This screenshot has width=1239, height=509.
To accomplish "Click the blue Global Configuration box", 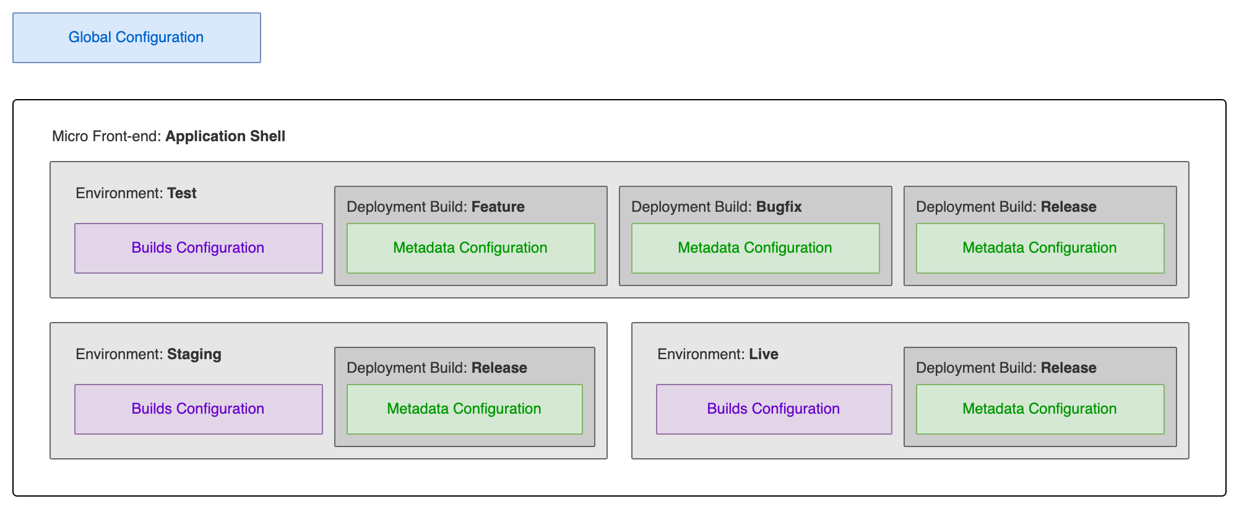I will [136, 38].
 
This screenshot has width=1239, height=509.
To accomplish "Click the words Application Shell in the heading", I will [225, 136].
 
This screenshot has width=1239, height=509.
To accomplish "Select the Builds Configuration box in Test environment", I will [198, 248].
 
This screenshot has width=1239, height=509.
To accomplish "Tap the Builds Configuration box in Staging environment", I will [198, 409].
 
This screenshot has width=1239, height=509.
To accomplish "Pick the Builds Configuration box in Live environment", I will [774, 409].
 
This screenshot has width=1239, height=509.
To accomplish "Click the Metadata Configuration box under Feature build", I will [470, 248].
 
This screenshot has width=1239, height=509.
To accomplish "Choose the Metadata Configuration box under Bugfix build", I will [755, 248].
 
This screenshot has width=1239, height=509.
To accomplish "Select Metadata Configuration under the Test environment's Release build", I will [1040, 248].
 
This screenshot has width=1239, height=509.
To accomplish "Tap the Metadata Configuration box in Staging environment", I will [464, 409].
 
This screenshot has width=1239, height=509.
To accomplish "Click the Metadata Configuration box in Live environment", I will [1040, 409].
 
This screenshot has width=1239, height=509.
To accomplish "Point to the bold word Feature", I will [498, 207].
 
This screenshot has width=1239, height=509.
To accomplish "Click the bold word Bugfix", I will [779, 207].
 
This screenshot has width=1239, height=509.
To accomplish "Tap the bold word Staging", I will [194, 354].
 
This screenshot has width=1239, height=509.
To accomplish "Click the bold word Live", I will [764, 354].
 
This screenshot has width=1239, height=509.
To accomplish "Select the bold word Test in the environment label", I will [182, 193].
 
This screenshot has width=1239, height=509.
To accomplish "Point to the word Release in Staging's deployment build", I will [499, 368].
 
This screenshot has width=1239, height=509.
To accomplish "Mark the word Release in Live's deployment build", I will [1069, 368].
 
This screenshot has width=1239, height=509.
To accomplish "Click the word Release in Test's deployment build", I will [1069, 207].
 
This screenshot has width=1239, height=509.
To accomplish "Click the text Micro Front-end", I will [106, 136].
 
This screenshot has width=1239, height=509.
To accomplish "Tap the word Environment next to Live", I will [701, 354].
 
